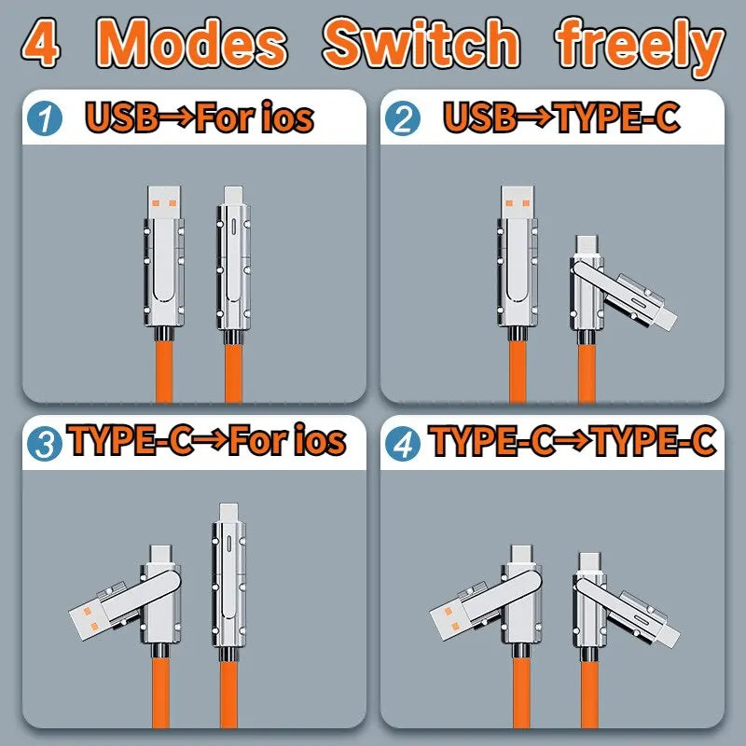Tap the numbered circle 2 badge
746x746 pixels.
point(404,119)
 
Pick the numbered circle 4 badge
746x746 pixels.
point(405,442)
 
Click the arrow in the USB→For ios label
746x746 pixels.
point(175,118)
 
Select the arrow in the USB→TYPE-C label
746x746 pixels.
point(533,118)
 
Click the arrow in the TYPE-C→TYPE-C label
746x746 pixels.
point(574,441)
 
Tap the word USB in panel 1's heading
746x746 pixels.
point(120,118)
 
